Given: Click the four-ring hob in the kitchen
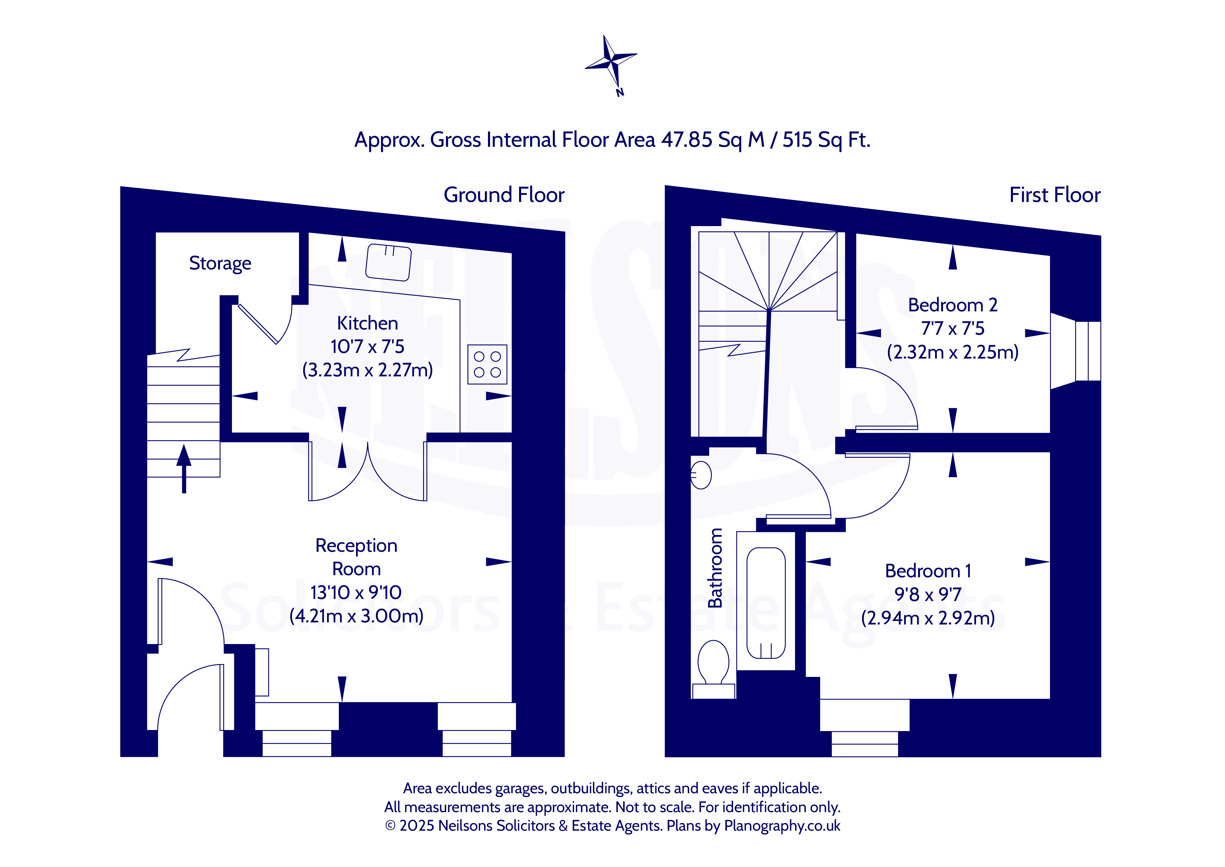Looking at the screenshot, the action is point(487,364).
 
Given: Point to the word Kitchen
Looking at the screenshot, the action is point(367,323).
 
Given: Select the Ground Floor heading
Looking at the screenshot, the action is point(504,195).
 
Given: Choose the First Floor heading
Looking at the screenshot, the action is point(1055,195).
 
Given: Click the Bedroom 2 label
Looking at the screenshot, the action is point(952,305).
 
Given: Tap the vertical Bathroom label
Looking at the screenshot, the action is point(715,568).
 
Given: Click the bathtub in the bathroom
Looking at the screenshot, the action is point(766,603).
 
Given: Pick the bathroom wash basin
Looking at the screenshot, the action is point(701,475).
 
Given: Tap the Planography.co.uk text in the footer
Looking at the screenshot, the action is point(782,825).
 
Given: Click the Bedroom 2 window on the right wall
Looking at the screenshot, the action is point(1087,351).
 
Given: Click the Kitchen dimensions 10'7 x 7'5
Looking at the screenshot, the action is point(367,346).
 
